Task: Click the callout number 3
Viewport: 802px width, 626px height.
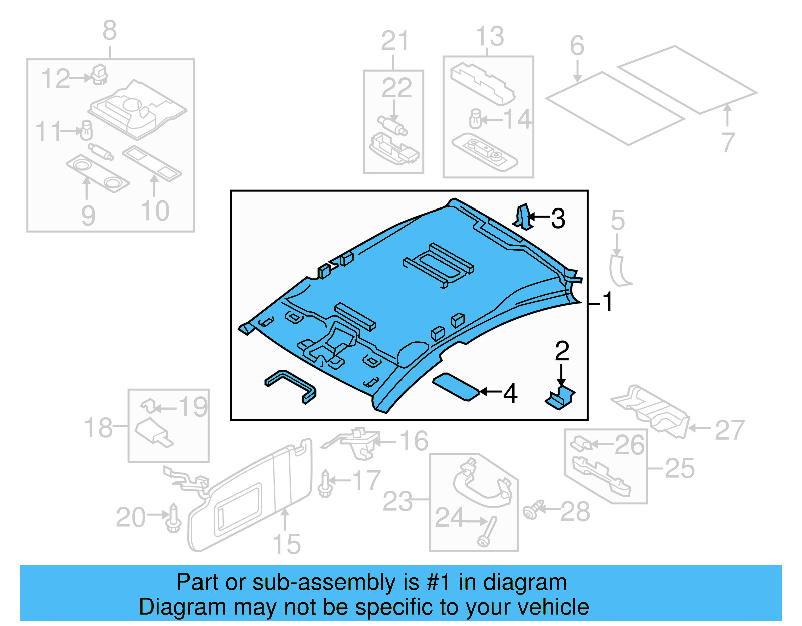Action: click(x=558, y=219)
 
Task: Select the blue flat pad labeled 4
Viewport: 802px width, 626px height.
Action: click(x=455, y=387)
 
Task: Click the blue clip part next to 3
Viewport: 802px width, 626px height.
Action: click(x=522, y=217)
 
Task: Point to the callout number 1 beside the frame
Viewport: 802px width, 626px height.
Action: click(x=607, y=302)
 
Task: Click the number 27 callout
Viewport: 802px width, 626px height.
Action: click(x=729, y=430)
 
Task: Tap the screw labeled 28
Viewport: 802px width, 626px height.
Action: click(x=532, y=510)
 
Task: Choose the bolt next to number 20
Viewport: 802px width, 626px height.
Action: click(x=173, y=519)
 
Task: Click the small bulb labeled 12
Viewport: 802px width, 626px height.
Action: click(x=99, y=74)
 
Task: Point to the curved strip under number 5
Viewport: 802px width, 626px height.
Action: click(x=619, y=271)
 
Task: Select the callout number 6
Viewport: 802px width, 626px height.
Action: click(x=577, y=46)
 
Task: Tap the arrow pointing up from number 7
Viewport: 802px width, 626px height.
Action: click(x=727, y=115)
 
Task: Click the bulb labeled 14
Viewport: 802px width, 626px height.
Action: click(x=475, y=119)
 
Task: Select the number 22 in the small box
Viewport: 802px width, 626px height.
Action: click(x=396, y=88)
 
